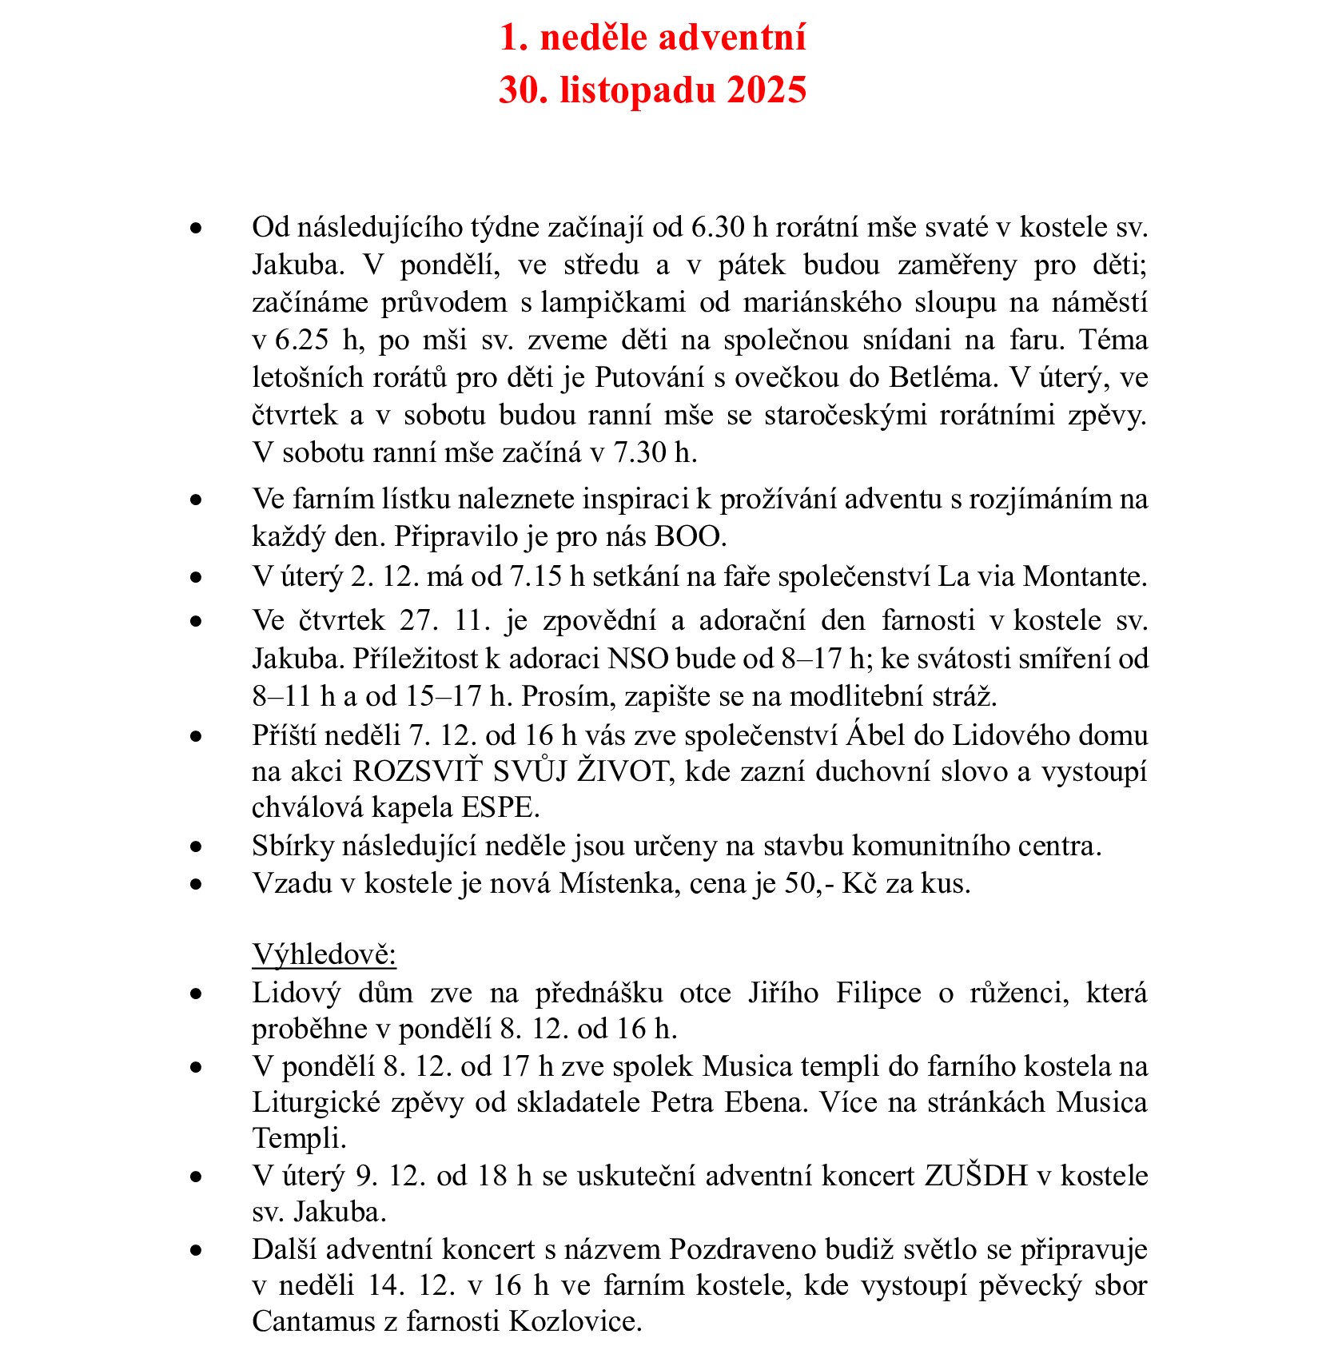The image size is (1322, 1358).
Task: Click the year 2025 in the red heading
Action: coord(766,90)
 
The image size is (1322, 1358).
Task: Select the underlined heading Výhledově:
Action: coord(325,954)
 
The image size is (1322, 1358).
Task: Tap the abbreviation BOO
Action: coord(689,536)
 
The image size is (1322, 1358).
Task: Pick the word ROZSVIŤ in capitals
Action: coord(418,772)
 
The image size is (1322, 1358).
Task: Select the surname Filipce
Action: coord(878,993)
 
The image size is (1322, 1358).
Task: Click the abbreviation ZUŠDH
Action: coord(976,1177)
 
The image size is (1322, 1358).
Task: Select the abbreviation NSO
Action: coord(638,659)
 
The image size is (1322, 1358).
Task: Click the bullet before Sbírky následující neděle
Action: coord(196,846)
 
